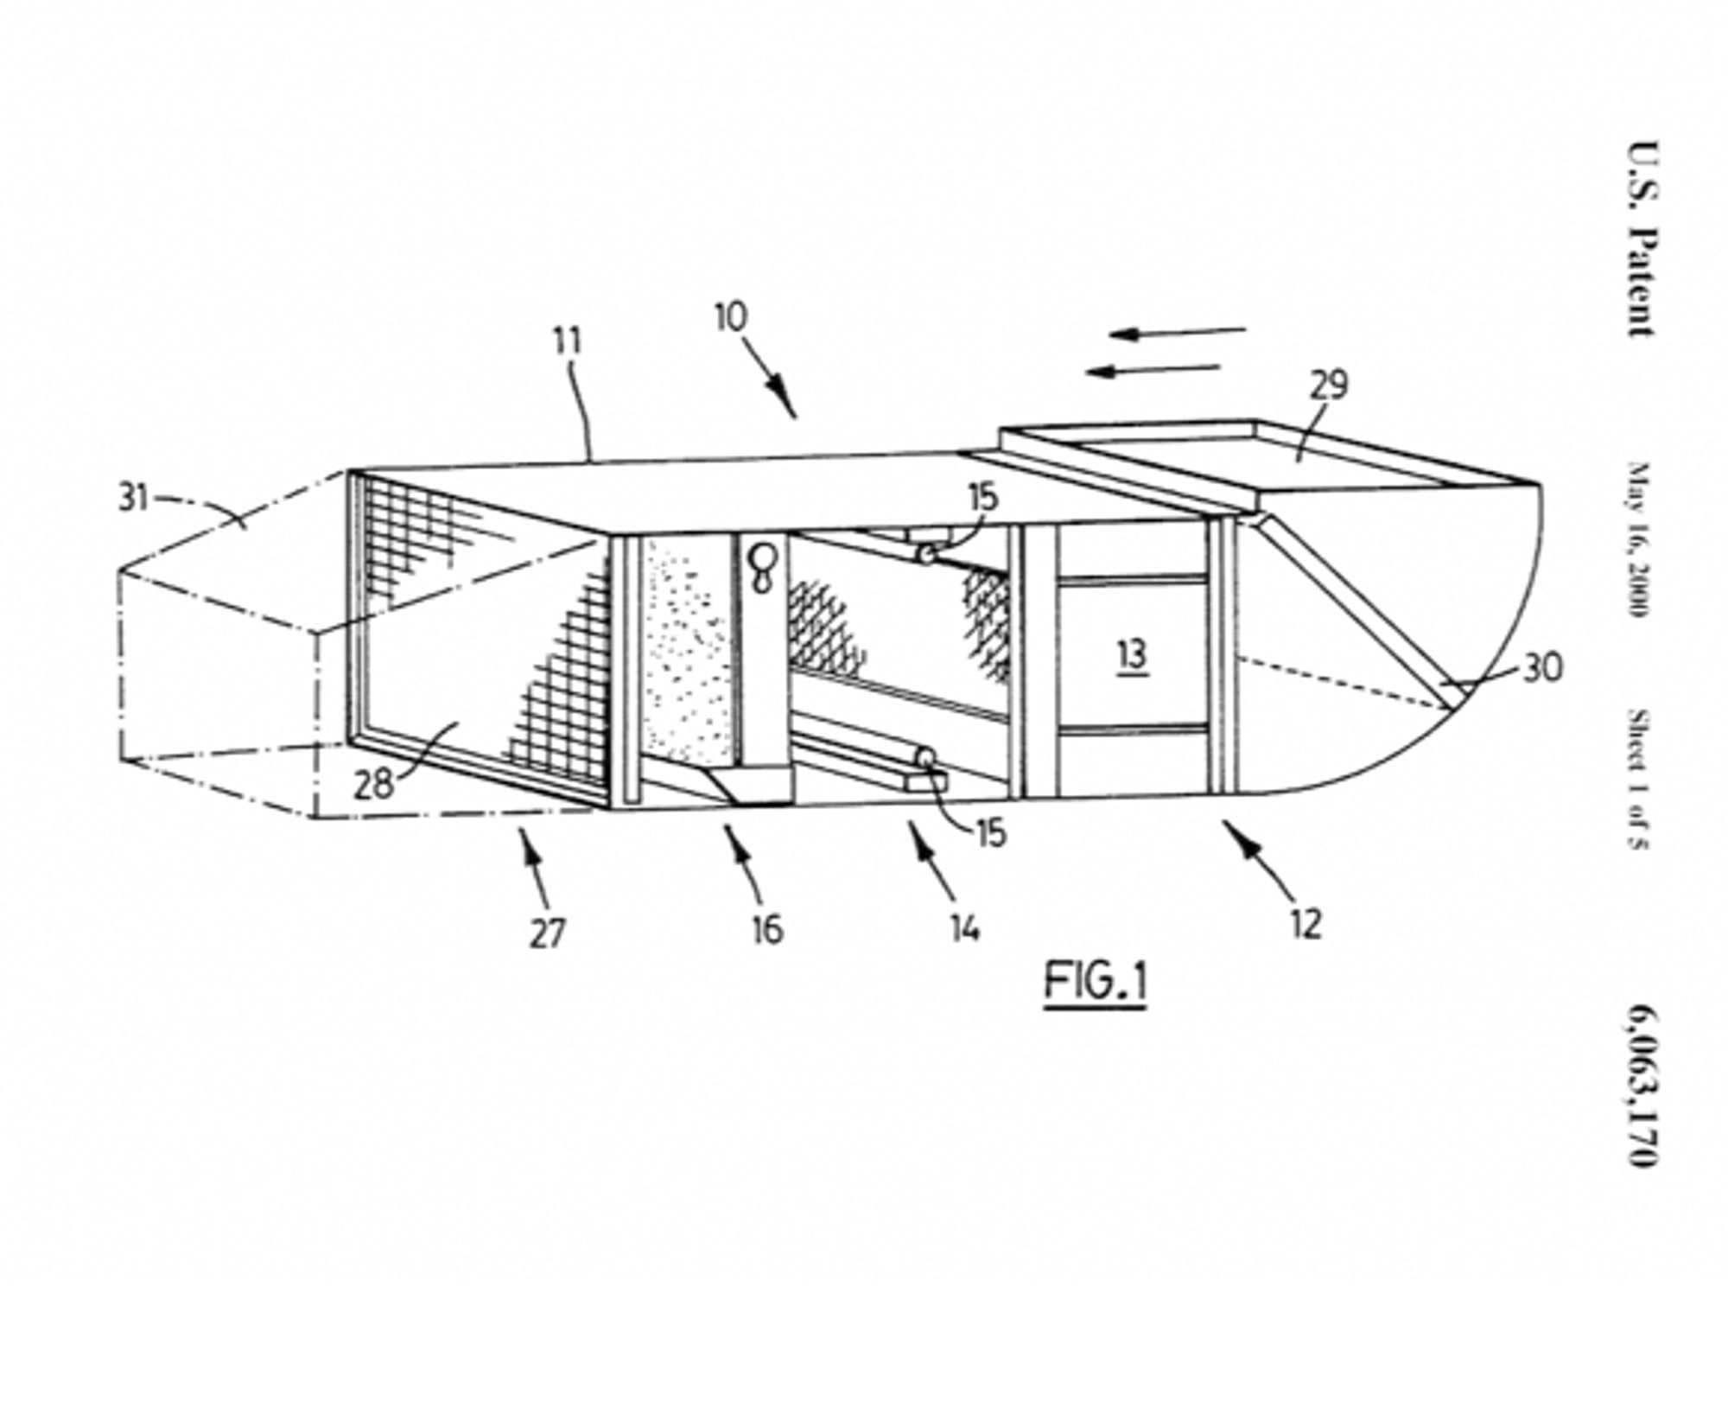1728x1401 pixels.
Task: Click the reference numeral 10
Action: point(731,318)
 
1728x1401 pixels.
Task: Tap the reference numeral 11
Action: point(568,342)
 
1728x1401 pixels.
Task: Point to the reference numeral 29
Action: point(1329,385)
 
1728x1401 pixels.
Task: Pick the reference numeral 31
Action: point(133,498)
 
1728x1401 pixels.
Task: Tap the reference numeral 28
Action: point(373,785)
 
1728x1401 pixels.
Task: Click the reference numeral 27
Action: point(546,933)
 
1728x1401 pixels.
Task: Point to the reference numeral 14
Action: point(965,928)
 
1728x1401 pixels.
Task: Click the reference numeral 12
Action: point(1306,925)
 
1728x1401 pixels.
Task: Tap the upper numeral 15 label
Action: point(983,499)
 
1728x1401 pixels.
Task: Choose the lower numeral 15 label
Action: point(991,832)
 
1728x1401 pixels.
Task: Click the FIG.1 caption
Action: point(1095,983)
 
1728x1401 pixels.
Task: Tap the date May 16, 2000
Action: point(1638,539)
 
